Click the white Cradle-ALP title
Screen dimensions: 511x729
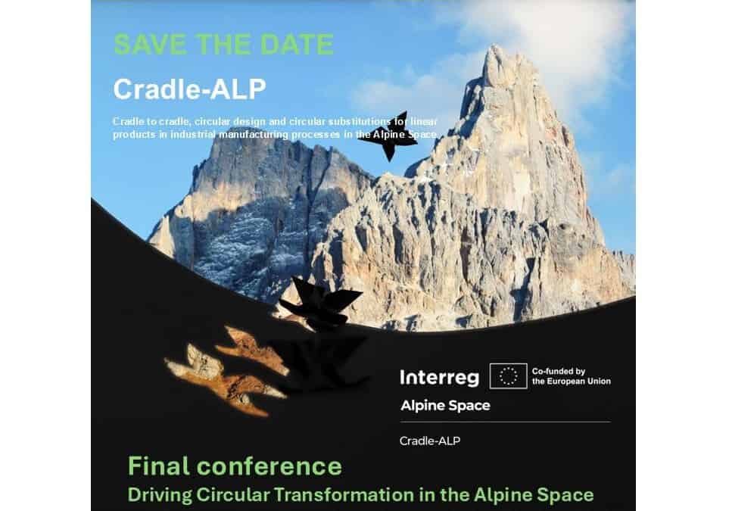tap(189, 89)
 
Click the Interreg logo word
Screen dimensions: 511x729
tap(439, 376)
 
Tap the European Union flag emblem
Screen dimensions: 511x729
tap(508, 376)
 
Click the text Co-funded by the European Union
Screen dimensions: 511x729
tap(571, 376)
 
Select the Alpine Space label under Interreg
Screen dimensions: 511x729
tap(445, 405)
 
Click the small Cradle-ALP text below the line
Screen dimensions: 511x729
tap(429, 441)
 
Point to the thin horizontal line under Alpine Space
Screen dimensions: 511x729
tap(504, 422)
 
